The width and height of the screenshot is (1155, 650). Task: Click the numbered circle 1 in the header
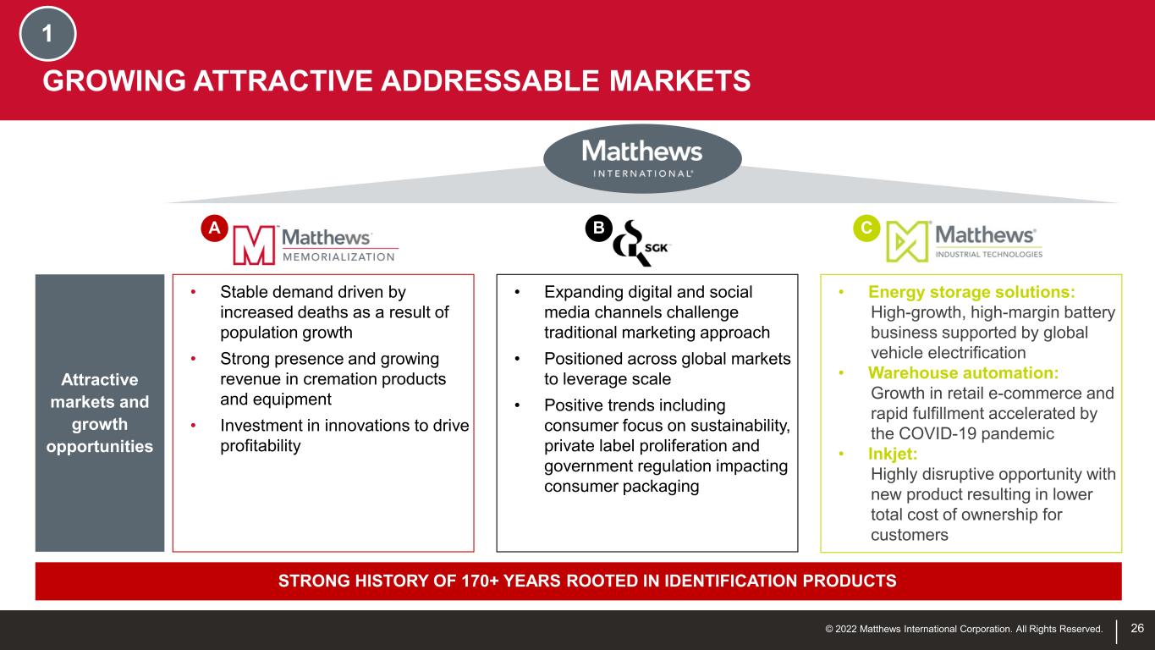(47, 34)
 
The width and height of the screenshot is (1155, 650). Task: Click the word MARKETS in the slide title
(679, 81)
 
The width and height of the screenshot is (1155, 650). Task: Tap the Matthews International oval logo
(642, 159)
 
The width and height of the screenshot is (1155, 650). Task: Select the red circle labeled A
(215, 228)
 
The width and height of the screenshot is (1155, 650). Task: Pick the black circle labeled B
(598, 228)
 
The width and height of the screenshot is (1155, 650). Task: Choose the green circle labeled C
(866, 228)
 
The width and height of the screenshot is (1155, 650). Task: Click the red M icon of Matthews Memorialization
(254, 245)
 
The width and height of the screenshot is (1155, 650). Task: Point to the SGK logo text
(656, 248)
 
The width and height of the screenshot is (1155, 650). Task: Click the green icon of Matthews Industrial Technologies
(907, 241)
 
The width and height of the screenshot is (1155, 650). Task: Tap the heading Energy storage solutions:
(971, 292)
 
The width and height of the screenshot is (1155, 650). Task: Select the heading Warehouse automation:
(963, 372)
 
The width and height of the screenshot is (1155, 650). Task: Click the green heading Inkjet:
(893, 454)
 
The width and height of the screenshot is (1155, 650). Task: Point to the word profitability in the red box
(261, 446)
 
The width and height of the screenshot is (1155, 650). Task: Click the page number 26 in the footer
(1137, 628)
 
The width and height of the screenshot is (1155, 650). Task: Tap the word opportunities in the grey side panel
(100, 447)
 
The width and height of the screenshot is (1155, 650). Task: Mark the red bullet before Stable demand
(194, 292)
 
